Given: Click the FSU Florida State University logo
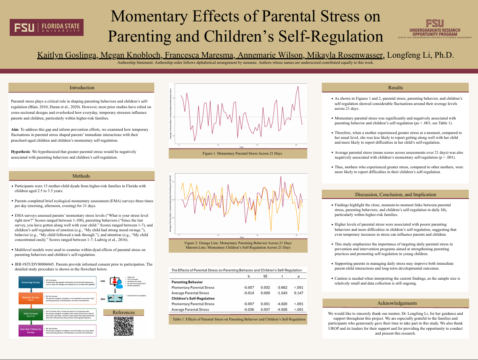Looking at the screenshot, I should coord(46,27).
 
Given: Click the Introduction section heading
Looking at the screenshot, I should coord(82,88).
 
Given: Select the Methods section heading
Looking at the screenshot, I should coord(82,176).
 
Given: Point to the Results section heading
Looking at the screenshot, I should coord(395,88).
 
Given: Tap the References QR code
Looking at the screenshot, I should coord(124,327).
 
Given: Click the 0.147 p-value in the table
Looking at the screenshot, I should coord(298,293).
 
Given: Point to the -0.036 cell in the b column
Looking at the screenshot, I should coord(249,309).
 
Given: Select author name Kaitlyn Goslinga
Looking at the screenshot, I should coord(61,55).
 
